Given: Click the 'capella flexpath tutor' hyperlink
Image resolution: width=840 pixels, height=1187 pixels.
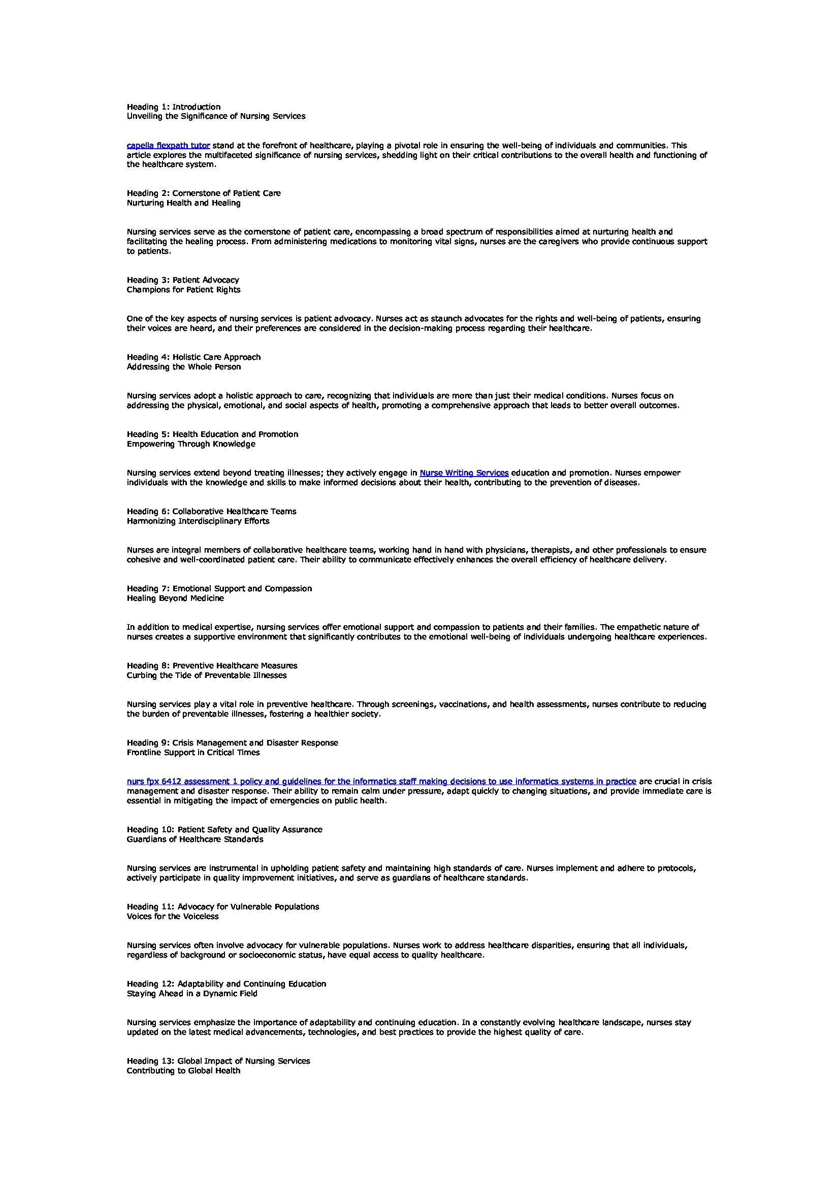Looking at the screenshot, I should (168, 146).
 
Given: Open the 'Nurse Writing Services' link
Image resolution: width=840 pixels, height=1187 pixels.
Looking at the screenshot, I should (464, 472).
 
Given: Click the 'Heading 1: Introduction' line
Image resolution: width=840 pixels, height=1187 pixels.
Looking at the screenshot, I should (174, 107).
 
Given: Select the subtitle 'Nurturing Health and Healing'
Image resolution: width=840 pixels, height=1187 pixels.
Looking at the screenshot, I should (184, 203).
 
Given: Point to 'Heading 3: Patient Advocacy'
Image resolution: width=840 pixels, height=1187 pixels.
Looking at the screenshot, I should (183, 280).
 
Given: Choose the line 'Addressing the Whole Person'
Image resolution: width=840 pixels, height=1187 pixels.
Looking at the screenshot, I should (184, 367).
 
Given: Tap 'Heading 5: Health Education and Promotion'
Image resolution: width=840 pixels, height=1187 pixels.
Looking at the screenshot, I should (213, 434).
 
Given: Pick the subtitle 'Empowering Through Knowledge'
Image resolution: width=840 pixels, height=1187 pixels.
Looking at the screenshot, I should (191, 444).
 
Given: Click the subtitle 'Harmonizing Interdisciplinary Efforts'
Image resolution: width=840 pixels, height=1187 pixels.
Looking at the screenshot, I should (198, 521).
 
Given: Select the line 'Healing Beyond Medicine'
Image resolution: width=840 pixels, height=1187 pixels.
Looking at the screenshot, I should (175, 598).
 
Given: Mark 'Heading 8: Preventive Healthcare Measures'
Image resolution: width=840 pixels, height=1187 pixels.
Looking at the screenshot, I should (212, 666).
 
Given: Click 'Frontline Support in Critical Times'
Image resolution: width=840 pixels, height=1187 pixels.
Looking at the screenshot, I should (193, 753).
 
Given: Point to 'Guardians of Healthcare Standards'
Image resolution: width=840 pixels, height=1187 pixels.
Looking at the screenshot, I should (195, 839).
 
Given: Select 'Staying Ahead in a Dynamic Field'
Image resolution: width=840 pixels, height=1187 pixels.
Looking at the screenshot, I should (192, 994).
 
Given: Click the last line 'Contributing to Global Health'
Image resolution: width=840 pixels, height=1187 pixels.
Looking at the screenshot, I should (184, 1071).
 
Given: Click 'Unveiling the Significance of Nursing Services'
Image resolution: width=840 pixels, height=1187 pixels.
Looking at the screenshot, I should (216, 116).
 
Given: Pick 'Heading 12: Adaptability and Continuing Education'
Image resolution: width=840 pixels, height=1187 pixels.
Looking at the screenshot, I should (227, 984).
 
